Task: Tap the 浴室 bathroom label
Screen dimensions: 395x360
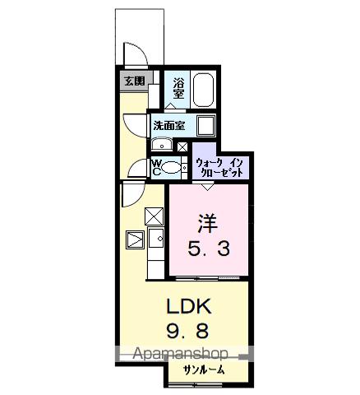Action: (178, 89)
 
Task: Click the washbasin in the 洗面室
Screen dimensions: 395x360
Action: (162, 146)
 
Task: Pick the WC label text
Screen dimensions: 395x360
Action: (156, 168)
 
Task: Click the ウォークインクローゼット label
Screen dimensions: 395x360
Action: (220, 168)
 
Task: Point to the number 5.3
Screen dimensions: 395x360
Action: (206, 248)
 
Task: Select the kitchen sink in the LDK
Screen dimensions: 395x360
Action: (135, 240)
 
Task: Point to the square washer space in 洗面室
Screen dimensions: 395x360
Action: (205, 125)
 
